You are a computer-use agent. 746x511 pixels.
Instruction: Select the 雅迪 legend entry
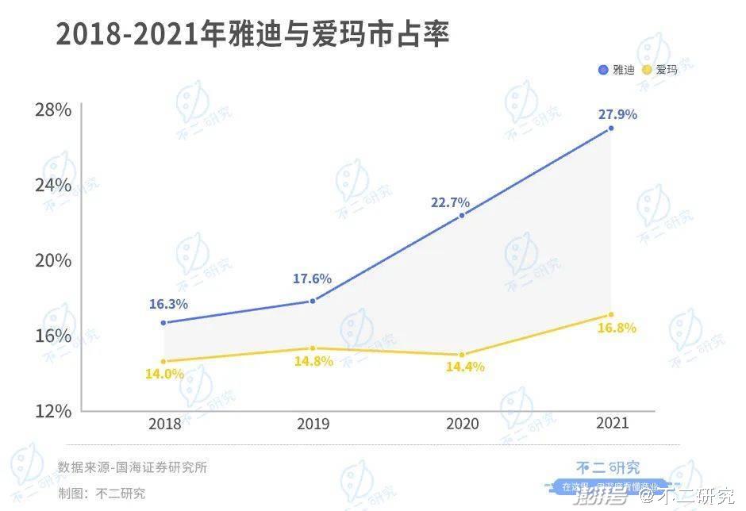(617, 70)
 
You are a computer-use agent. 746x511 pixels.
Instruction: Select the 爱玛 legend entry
(659, 70)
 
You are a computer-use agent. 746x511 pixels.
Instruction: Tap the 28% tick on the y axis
(53, 109)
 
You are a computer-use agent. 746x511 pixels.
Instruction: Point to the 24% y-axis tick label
(53, 185)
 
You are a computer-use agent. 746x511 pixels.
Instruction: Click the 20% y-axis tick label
(53, 260)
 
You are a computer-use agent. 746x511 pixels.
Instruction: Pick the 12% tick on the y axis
(53, 411)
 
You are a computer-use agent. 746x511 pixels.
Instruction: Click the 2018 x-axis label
(164, 424)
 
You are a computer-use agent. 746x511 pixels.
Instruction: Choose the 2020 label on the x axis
(462, 424)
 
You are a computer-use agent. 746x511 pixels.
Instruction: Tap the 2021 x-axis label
(611, 423)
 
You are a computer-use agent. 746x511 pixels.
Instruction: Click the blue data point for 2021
(610, 128)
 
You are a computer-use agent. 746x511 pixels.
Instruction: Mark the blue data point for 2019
(313, 301)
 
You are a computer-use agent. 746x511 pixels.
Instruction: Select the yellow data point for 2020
(462, 355)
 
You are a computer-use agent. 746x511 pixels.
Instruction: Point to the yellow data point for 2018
(163, 362)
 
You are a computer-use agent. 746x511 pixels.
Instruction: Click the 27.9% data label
(617, 114)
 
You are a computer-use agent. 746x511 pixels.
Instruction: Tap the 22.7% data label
(450, 202)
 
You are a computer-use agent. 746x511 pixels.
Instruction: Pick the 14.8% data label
(313, 361)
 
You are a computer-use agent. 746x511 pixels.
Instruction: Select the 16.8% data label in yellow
(617, 328)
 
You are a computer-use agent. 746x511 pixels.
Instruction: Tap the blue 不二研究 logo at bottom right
(607, 467)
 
